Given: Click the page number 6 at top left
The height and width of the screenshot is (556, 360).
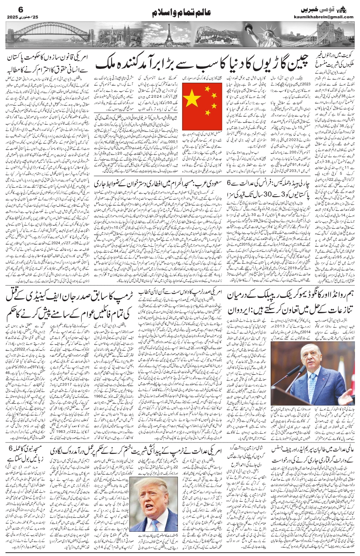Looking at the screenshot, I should click(10, 8).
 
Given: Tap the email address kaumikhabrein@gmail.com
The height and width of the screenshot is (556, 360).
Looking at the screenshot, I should click(328, 17).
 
